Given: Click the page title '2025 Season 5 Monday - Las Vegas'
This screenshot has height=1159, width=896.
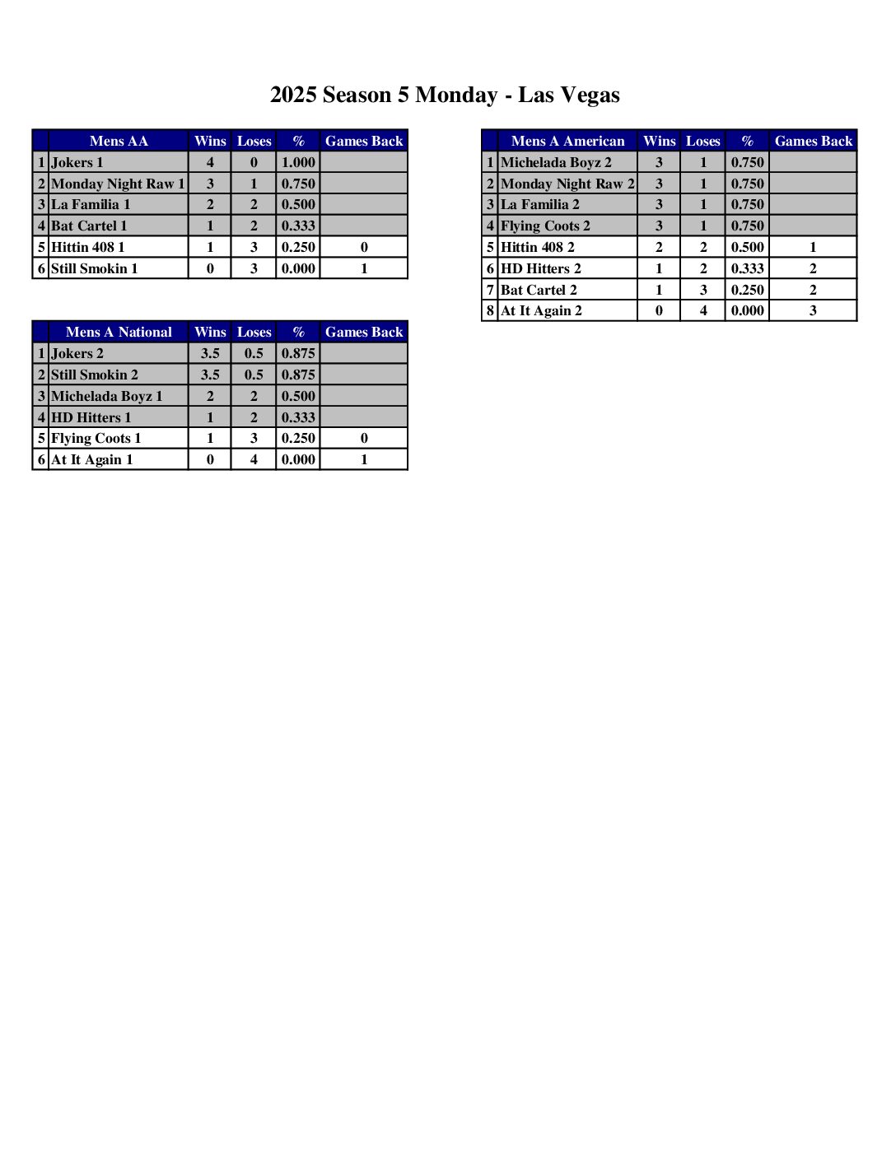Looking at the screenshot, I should pos(445,95).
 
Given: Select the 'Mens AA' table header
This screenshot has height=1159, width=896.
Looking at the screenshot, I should pos(119,141).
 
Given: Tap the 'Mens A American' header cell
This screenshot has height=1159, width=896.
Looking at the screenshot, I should pos(567,141).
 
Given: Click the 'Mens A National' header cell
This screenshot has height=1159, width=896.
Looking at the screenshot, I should pos(119,332).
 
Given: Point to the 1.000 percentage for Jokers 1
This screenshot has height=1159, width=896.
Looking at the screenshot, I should pos(298,162).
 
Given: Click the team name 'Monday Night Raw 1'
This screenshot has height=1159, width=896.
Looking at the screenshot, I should pos(118,184).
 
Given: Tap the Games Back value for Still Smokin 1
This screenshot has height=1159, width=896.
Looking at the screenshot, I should pos(364,268).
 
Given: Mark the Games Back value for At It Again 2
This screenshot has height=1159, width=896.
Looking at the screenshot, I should pos(813,310).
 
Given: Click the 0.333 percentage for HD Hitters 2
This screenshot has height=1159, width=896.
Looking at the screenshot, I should pos(747,268).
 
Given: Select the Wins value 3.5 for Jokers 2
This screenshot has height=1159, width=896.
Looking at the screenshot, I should pos(210,353).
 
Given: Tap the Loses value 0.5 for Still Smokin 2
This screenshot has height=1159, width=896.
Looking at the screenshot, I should pos(254,375).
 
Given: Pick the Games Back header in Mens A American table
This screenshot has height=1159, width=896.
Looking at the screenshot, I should pos(813,141).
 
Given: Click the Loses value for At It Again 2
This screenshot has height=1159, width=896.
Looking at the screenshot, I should pos(702,310).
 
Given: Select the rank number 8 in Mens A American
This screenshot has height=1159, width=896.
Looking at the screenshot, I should pos(490,310).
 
